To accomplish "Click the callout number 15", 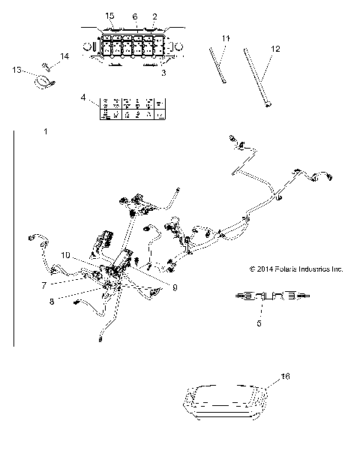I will (x=110, y=16).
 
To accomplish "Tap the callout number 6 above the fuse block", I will (x=135, y=16).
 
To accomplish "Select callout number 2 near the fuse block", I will (x=155, y=16).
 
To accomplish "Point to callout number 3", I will (x=164, y=74).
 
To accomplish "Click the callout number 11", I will (x=226, y=37).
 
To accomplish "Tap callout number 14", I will (x=64, y=56).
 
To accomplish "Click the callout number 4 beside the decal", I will (x=83, y=98).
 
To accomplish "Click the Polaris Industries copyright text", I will (x=295, y=267).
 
